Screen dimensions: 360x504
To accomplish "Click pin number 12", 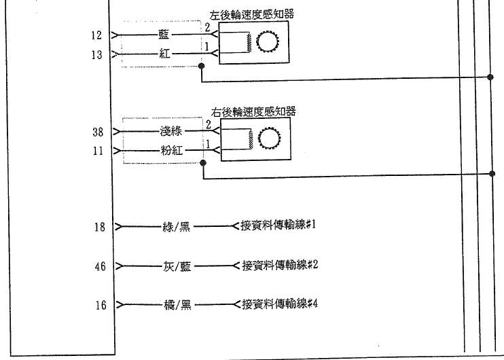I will point(96,35).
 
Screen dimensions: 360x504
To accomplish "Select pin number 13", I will point(96,54).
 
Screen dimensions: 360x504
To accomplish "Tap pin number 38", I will point(97,132).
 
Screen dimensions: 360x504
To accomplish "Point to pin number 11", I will point(98,151).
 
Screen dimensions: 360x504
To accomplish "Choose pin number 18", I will point(100,227).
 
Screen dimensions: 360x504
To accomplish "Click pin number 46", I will point(100,267).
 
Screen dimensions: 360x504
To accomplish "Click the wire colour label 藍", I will point(164,35).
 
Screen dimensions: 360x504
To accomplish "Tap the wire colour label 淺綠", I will point(171,131).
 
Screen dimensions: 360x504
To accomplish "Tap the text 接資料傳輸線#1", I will point(279,225).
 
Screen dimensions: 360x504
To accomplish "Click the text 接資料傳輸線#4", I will point(280,303).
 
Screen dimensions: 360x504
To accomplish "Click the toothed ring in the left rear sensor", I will point(268,43).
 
